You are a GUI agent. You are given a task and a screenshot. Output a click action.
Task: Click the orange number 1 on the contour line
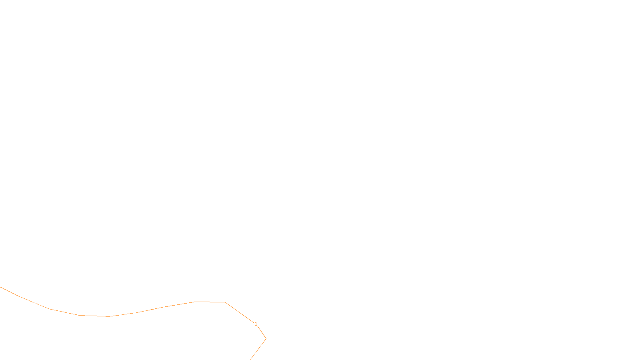pyautogui.click(x=256, y=324)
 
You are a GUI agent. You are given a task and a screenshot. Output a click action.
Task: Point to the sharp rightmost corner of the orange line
pyautogui.click(x=266, y=339)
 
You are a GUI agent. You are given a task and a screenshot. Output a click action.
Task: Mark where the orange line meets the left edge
pyautogui.click(x=0, y=287)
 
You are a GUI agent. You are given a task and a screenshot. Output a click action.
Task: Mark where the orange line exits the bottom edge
pyautogui.click(x=250, y=360)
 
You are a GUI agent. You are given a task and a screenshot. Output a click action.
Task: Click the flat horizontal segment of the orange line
pyautogui.click(x=210, y=302)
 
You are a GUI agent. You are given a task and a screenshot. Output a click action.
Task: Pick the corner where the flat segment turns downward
pyautogui.click(x=225, y=302)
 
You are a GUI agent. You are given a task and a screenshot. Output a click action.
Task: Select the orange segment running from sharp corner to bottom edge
pyautogui.click(x=258, y=349)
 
